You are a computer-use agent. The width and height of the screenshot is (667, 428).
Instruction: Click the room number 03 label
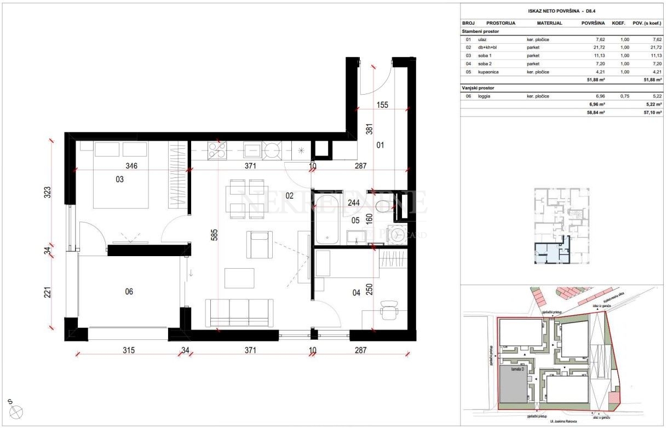point(119,179)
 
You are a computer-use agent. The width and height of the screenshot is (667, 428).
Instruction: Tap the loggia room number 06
point(129,292)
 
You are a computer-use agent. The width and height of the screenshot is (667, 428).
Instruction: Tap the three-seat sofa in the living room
point(239,311)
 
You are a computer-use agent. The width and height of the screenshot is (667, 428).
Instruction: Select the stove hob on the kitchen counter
point(217,149)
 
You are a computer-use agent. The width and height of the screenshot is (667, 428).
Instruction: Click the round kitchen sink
point(272,149)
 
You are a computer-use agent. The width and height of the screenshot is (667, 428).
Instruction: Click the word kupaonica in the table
point(489,72)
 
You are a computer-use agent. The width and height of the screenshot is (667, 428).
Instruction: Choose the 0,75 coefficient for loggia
point(623,96)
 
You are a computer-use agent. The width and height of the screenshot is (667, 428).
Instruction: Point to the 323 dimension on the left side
point(48,192)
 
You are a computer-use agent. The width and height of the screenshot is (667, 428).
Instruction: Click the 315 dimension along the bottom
point(128,350)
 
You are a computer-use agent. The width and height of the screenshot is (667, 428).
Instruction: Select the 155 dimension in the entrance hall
point(383,105)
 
